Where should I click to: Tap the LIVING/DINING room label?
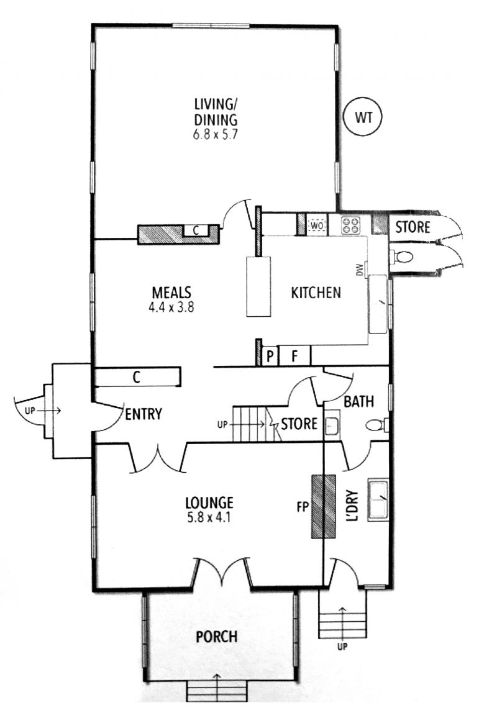coord(216,112)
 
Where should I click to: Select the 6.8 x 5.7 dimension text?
coord(216,135)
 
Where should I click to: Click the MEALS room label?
coord(171,292)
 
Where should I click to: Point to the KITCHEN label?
coord(316,293)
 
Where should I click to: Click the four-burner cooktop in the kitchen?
coord(351,225)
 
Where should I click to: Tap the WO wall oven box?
coord(317,225)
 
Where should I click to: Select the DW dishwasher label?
coord(360,270)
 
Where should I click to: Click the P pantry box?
coord(270,356)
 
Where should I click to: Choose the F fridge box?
coord(294,356)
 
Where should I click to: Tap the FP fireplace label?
coord(303,507)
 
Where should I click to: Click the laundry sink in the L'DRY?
coord(378,500)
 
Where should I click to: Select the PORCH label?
coord(216,637)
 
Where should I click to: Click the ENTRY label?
coord(144,414)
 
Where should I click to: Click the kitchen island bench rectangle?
coord(258,287)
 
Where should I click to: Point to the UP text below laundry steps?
coord(343,647)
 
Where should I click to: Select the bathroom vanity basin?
coord(332,426)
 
